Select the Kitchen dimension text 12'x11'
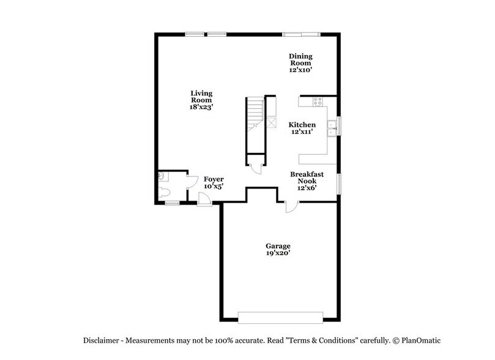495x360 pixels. coord(302,132)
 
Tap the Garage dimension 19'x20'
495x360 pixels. coord(278,253)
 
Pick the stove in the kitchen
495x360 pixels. coord(318,102)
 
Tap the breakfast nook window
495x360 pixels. coord(340,183)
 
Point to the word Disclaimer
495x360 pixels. coord(100,340)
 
